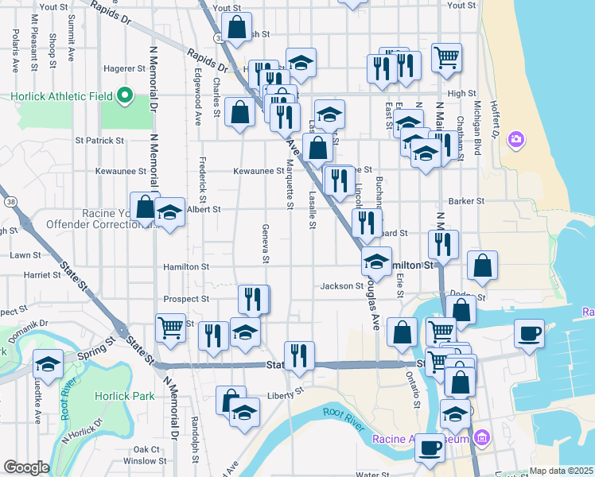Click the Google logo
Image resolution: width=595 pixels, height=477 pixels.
tap(26, 467)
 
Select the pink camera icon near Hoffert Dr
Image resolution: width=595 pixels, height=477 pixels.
tap(516, 140)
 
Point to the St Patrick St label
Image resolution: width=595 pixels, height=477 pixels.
tap(99, 140)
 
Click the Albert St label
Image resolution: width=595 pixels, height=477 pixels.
tap(204, 209)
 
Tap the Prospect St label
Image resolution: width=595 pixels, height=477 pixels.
tap(185, 299)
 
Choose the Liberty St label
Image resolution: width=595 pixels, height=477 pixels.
tap(286, 391)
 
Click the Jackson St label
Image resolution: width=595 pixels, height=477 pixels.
tap(342, 286)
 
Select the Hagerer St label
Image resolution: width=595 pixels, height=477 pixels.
tap(121, 69)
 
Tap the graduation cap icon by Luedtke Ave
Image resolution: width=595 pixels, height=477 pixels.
tap(48, 364)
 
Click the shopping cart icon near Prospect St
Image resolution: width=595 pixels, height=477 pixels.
tap(171, 327)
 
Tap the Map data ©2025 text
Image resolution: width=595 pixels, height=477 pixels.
tap(561, 471)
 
